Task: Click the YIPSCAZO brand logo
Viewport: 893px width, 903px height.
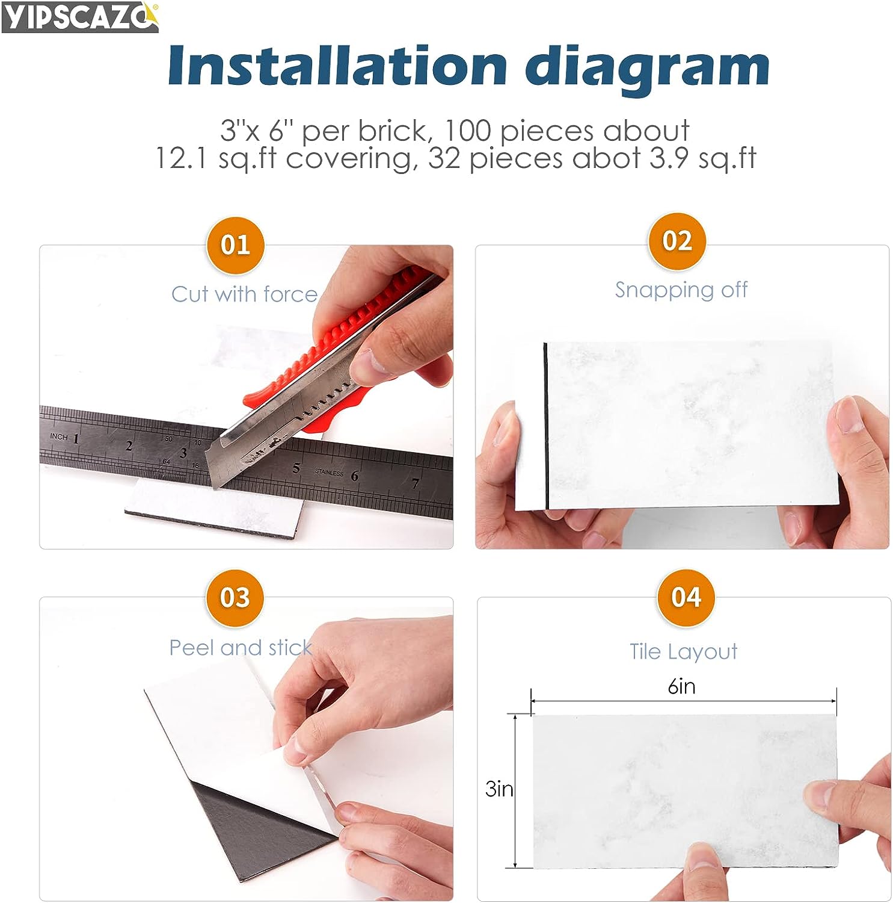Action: click(80, 17)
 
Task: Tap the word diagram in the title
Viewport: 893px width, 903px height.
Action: click(647, 69)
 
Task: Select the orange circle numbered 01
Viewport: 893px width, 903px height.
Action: click(235, 245)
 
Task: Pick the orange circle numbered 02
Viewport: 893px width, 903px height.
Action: click(677, 241)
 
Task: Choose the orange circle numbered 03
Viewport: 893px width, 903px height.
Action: click(235, 598)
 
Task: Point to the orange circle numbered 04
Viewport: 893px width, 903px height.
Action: click(686, 597)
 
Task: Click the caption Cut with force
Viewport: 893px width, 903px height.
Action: click(244, 294)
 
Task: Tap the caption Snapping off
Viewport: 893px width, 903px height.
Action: click(681, 290)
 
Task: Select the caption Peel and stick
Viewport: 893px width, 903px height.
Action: click(241, 648)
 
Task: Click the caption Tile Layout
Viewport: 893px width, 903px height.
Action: click(684, 652)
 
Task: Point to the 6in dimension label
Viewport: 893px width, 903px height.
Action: click(682, 686)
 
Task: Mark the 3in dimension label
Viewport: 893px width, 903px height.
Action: click(499, 789)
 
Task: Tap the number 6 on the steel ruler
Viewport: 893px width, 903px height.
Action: click(355, 476)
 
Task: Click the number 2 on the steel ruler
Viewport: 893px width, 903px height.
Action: click(129, 446)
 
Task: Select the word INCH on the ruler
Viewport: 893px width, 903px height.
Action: click(59, 436)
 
